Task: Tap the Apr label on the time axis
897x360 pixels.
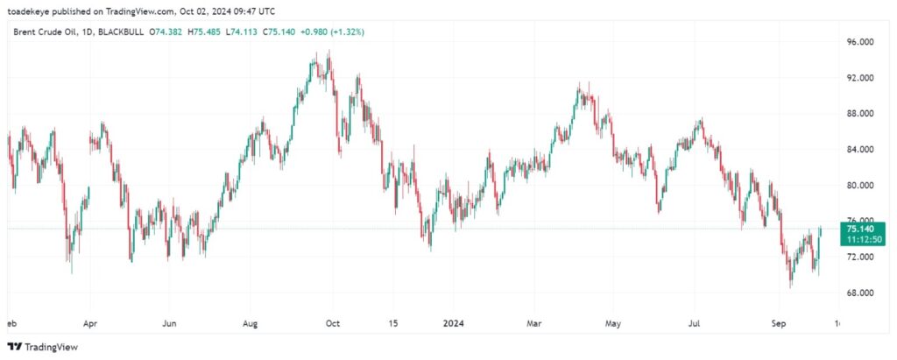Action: coord(88,323)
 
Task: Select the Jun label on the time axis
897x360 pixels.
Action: coord(170,323)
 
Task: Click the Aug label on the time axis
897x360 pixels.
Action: coord(251,323)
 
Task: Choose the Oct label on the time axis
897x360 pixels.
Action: coord(332,323)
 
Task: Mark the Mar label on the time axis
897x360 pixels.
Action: coord(533,323)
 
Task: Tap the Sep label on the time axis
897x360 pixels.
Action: coord(777,323)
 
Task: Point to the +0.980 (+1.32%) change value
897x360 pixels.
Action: coord(334,32)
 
